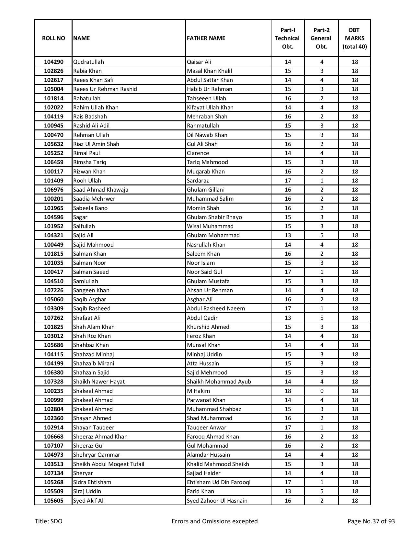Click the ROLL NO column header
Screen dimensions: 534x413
pos(53,38)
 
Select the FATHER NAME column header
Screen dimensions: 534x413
pos(206,38)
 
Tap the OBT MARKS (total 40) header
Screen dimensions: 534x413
pos(354,38)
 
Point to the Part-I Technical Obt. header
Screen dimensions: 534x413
pos(288,38)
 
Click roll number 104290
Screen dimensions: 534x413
pos(53,62)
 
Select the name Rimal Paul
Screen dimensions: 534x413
pos(86,153)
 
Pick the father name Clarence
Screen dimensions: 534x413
pos(198,153)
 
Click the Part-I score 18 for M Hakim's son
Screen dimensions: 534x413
pos(288,391)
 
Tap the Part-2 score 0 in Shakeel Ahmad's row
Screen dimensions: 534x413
pos(321,391)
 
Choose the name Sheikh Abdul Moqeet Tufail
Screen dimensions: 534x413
pos(109,464)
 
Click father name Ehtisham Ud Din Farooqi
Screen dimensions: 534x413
pos(219,482)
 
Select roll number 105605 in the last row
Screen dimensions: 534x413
pos(53,501)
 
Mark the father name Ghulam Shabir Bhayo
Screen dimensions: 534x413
pos(214,217)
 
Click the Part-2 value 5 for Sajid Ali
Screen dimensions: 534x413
pos(321,235)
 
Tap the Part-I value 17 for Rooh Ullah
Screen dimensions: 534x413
pos(288,181)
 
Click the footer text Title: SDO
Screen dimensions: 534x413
pos(49,521)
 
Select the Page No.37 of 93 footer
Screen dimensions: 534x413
pos(371,521)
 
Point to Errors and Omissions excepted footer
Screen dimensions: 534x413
pos(214,521)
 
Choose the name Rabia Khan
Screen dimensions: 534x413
pos(87,71)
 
